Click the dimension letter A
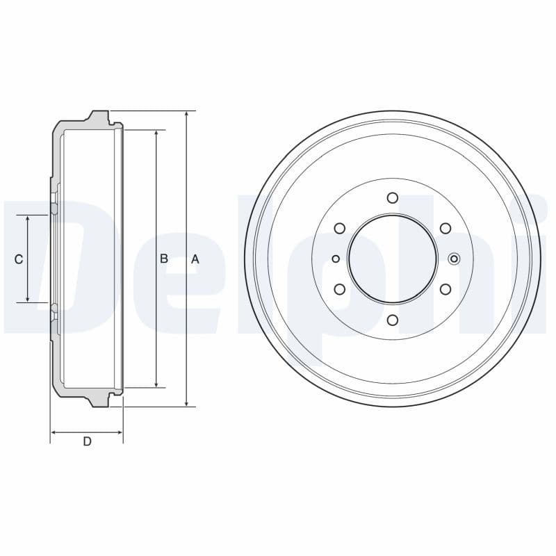point(195,259)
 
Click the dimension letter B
point(164,259)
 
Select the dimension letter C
point(19,259)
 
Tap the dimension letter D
point(87,441)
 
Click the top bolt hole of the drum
point(393,198)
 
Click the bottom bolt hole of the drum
point(393,320)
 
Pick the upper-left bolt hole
point(340,228)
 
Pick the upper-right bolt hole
point(445,228)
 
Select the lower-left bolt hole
point(340,289)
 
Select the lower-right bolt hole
point(445,289)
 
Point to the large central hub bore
point(393,259)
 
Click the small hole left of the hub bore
point(336,259)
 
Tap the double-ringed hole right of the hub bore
point(455,259)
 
